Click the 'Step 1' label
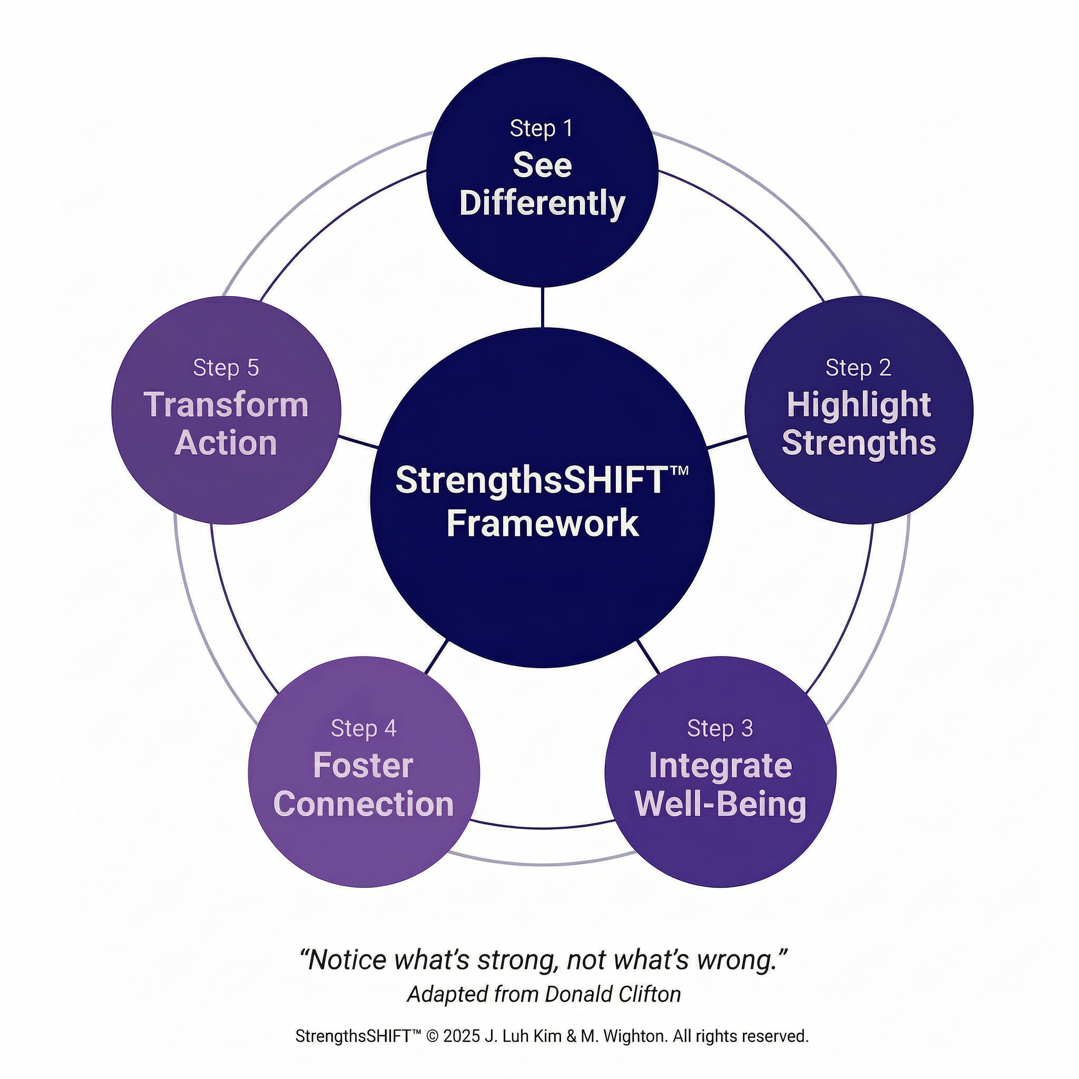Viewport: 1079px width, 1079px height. pyautogui.click(x=541, y=129)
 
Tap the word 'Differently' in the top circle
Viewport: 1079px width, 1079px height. pyautogui.click(x=541, y=203)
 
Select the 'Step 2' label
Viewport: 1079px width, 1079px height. pyautogui.click(x=858, y=368)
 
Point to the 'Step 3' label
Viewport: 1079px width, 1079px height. pyautogui.click(x=720, y=728)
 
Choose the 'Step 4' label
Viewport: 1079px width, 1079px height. pyautogui.click(x=364, y=728)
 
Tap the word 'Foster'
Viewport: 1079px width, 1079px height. pyautogui.click(x=363, y=766)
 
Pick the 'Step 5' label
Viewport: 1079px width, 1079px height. pyautogui.click(x=226, y=368)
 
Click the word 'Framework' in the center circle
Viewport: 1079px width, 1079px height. pyautogui.click(x=542, y=524)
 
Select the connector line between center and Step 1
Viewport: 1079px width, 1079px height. pyautogui.click(x=542, y=307)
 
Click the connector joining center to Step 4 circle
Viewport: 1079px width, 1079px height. pyautogui.click(x=436, y=657)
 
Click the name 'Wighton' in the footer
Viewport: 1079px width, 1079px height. pyautogui.click(x=634, y=1036)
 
